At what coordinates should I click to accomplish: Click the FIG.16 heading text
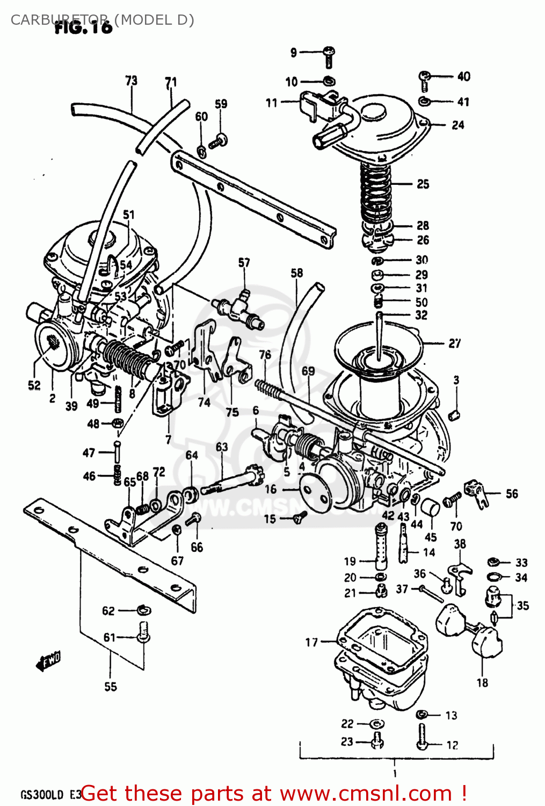[83, 27]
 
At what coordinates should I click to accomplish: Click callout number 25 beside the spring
[423, 184]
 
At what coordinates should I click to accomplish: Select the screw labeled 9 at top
[329, 55]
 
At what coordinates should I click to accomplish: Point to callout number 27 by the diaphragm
[454, 343]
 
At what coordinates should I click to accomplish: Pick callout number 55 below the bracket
[110, 687]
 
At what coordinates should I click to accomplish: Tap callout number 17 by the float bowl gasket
[311, 642]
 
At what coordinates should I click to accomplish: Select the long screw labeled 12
[422, 736]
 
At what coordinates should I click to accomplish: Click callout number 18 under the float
[482, 682]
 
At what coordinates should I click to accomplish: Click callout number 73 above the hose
[131, 81]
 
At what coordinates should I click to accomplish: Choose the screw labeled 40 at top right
[425, 80]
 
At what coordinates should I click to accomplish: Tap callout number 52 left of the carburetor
[34, 385]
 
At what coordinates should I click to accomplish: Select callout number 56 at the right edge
[512, 494]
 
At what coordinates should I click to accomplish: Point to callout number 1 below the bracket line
[395, 774]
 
